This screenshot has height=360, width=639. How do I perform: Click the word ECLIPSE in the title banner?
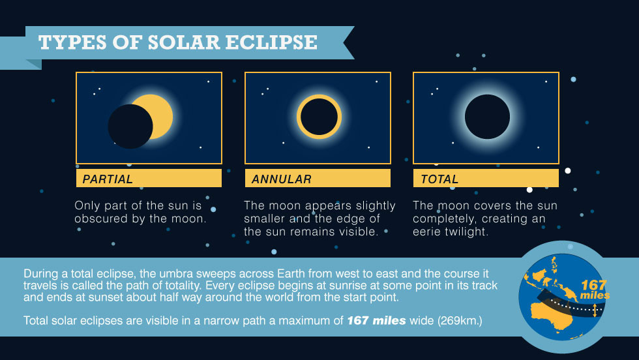[271, 42]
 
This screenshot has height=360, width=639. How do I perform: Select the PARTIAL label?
[108, 179]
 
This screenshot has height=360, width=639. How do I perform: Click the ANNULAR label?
[282, 179]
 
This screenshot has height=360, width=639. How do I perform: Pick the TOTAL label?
[439, 179]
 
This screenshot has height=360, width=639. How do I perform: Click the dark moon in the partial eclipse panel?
[130, 127]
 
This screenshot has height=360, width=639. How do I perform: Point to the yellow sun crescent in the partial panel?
[162, 116]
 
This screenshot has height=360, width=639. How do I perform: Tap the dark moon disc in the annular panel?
[319, 117]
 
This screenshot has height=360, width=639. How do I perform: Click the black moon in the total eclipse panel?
[488, 117]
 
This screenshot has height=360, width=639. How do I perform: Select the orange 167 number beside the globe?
[594, 284]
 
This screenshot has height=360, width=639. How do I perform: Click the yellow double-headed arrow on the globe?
[595, 309]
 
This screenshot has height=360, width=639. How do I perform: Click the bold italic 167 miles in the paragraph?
[376, 320]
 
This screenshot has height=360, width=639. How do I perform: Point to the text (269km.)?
[460, 321]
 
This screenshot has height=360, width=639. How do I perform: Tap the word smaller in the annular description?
[265, 218]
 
